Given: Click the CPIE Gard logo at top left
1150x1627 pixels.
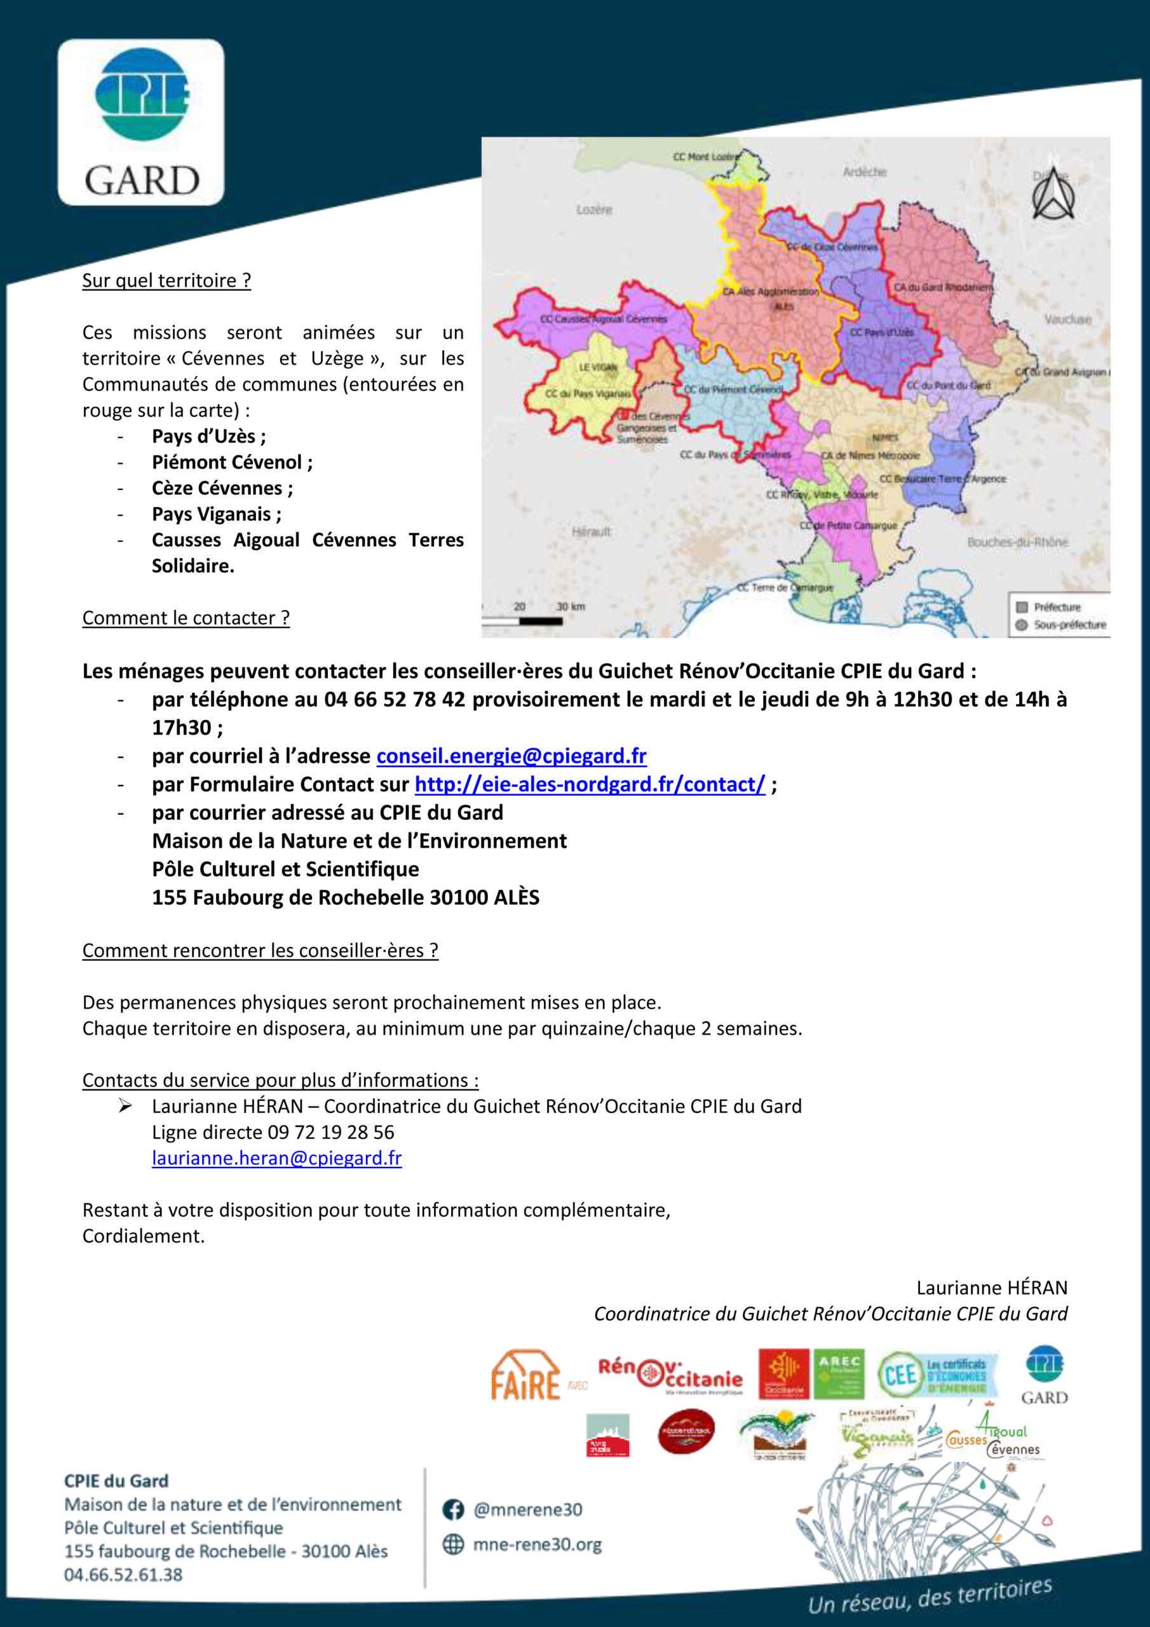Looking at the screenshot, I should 141,122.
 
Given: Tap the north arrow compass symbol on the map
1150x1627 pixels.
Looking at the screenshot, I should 1053,194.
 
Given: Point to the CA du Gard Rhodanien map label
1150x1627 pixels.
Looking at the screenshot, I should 942,287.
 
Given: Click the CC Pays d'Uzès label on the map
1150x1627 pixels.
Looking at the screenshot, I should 881,332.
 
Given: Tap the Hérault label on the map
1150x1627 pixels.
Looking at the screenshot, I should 591,531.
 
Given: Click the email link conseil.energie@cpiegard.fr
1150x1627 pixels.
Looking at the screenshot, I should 511,756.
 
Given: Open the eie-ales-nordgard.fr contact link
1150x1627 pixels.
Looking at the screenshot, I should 590,784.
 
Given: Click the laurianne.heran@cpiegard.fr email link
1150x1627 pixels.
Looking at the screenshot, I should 276,1158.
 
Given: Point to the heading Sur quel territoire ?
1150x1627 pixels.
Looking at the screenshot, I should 166,281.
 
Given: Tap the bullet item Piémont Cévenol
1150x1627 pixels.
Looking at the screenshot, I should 232,463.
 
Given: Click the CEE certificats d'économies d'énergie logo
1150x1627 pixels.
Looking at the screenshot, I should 937,1375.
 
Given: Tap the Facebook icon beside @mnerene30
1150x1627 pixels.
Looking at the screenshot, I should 453,1510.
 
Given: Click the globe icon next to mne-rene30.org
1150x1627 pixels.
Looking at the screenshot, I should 453,1545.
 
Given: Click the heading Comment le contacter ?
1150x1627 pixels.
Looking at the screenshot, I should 186,618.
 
